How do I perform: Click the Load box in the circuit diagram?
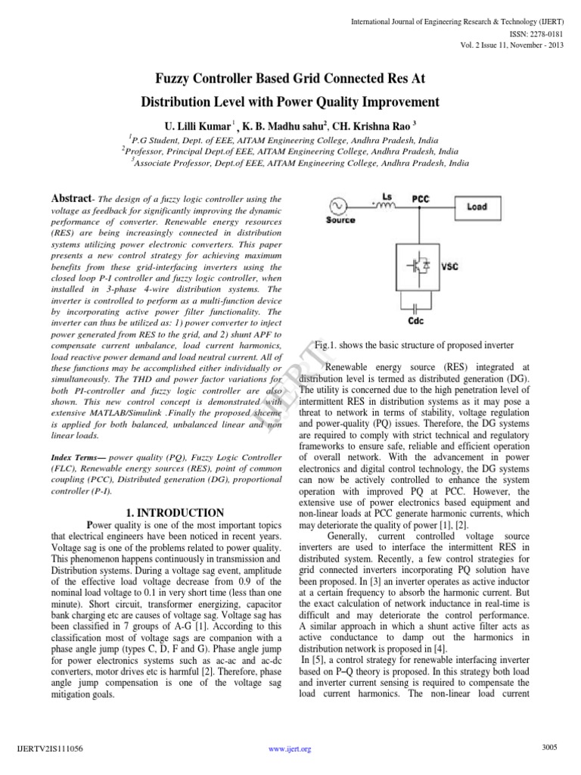pos(477,206)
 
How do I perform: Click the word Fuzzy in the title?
pos(176,78)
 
